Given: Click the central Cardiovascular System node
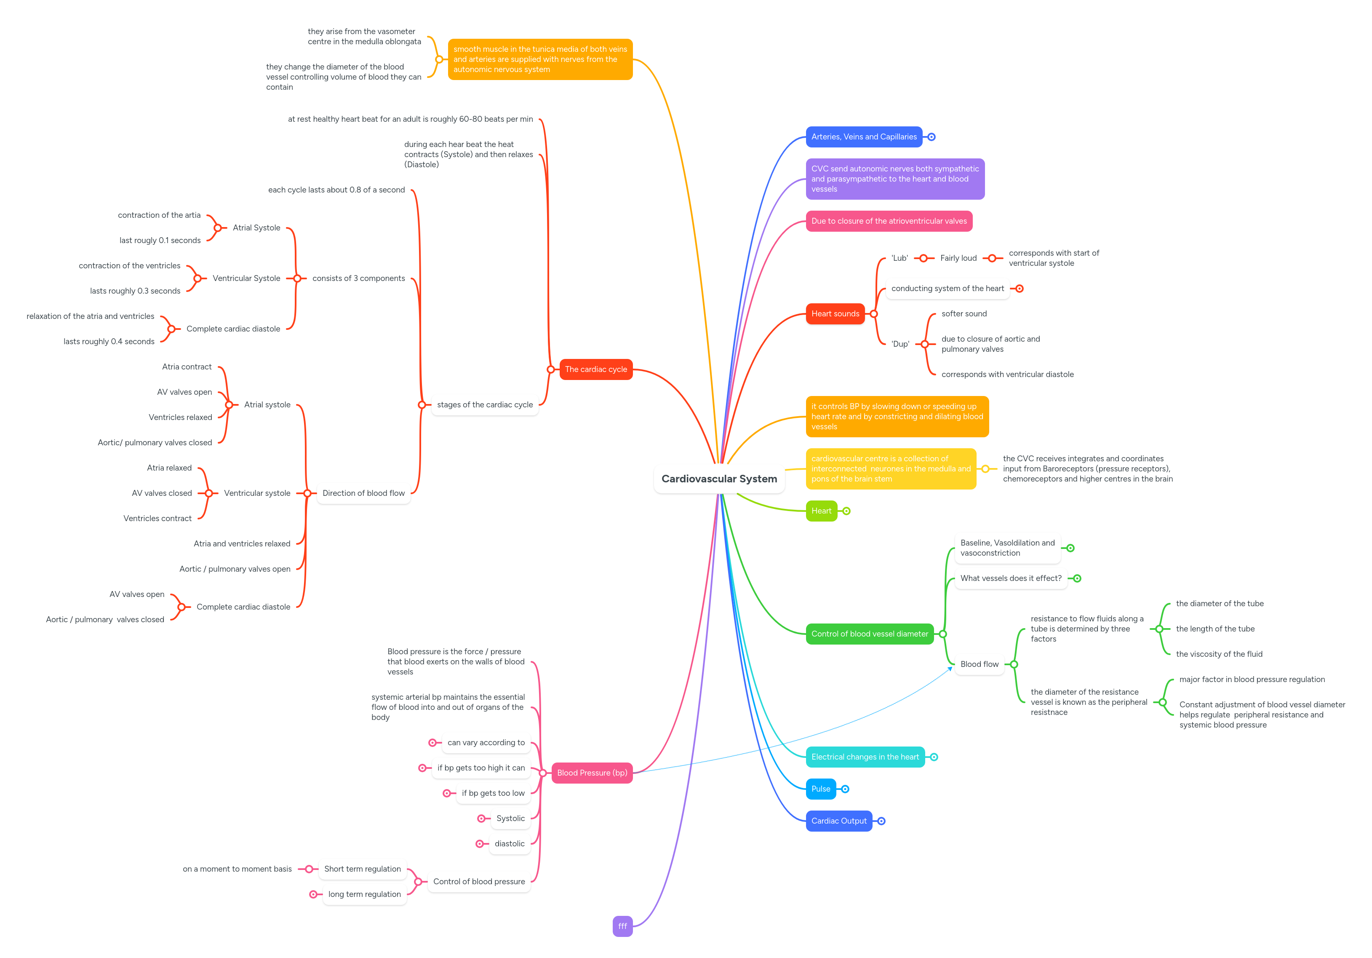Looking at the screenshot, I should (719, 479).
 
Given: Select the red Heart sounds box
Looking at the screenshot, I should (835, 314).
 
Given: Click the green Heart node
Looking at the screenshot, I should (821, 511).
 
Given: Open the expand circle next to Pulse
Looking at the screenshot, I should (845, 789).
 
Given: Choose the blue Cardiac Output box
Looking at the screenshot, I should (838, 821).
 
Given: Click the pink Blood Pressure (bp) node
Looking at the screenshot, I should (592, 773).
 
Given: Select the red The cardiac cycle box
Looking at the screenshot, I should (596, 369).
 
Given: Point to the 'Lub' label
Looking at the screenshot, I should (900, 258).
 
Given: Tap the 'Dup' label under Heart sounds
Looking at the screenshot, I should (900, 344).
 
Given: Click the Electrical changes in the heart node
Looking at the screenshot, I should (865, 757).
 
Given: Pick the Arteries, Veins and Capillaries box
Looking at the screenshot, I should (863, 137).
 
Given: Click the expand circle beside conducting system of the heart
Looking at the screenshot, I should (1020, 289).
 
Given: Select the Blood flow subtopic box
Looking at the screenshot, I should (979, 664).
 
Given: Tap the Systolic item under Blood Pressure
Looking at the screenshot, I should (510, 819).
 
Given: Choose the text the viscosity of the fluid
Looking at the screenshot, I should (1219, 654).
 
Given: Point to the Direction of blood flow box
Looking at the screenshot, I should (363, 493).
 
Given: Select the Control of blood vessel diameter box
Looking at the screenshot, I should (870, 634).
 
